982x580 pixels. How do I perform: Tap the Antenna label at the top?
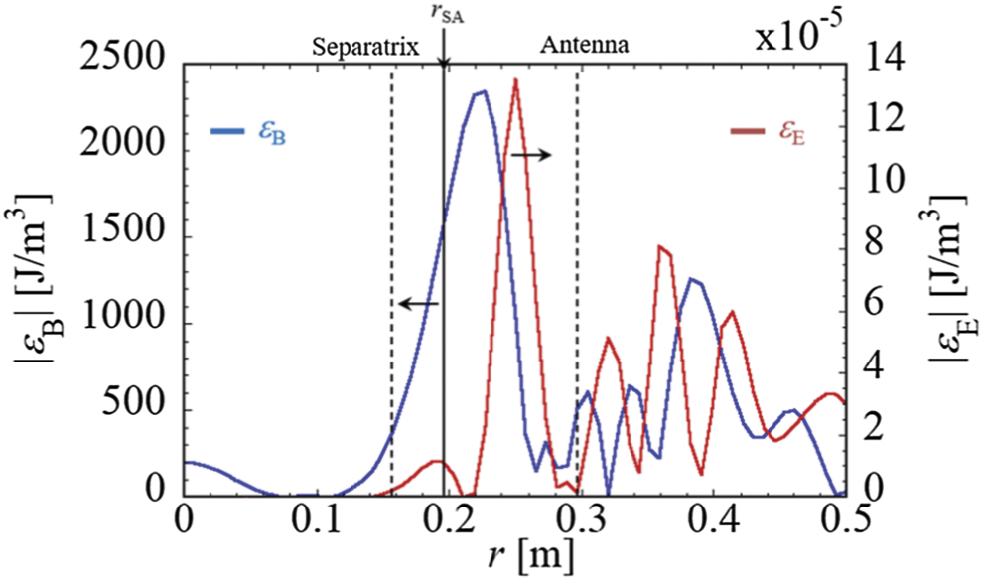585,46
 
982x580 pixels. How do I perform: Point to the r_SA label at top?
443,14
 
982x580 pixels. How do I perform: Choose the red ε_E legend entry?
768,131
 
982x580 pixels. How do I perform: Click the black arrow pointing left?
418,303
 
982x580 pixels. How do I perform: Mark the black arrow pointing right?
532,155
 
